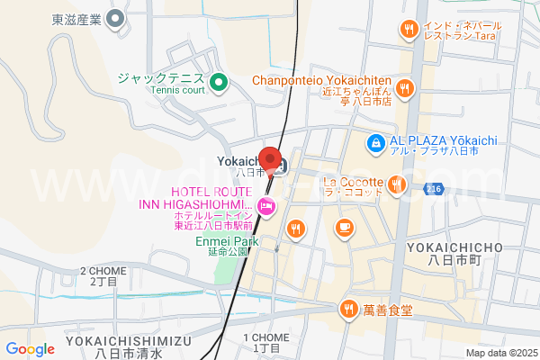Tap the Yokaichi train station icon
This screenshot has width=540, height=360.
(280, 166)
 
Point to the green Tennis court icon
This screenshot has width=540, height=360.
(217, 85)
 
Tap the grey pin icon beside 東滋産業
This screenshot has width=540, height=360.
(115, 18)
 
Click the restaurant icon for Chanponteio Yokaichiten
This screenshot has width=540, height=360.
(406, 88)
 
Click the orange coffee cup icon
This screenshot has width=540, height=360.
(343, 227)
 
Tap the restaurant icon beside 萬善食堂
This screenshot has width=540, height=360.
(348, 310)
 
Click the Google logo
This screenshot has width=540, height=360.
(30, 349)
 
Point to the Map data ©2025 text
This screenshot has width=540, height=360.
(499, 353)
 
